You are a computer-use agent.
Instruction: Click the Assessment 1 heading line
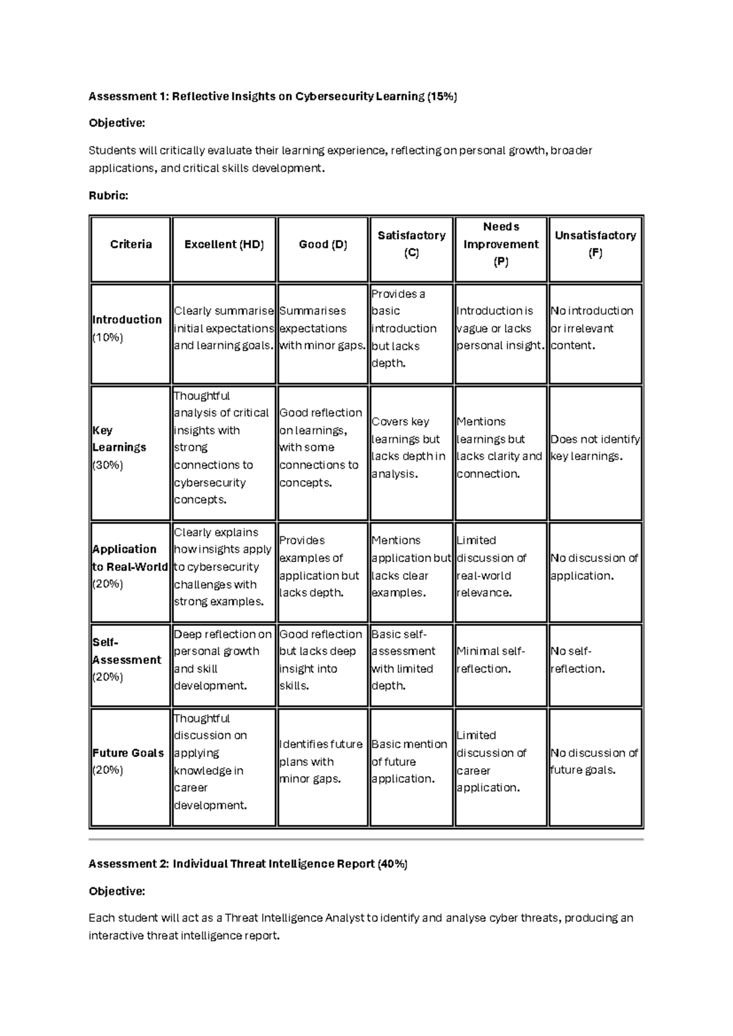click(272, 96)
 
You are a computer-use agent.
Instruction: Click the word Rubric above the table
click(108, 195)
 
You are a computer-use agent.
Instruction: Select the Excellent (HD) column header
click(224, 244)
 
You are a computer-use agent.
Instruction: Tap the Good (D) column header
click(323, 244)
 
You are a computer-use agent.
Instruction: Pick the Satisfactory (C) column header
click(411, 244)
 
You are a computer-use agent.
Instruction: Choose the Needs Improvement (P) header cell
click(501, 244)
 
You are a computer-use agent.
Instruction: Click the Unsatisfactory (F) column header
click(595, 244)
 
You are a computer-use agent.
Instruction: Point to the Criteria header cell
click(131, 244)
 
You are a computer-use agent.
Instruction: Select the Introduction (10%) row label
click(127, 328)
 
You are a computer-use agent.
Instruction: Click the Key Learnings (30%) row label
click(119, 447)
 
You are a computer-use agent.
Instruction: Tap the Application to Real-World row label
click(129, 566)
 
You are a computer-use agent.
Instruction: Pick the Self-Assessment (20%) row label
click(126, 660)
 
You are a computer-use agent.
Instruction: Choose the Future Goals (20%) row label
click(128, 761)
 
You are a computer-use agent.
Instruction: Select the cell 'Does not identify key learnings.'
click(595, 448)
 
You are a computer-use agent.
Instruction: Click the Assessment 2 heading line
click(248, 864)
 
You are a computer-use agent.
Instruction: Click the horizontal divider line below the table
click(366, 840)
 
